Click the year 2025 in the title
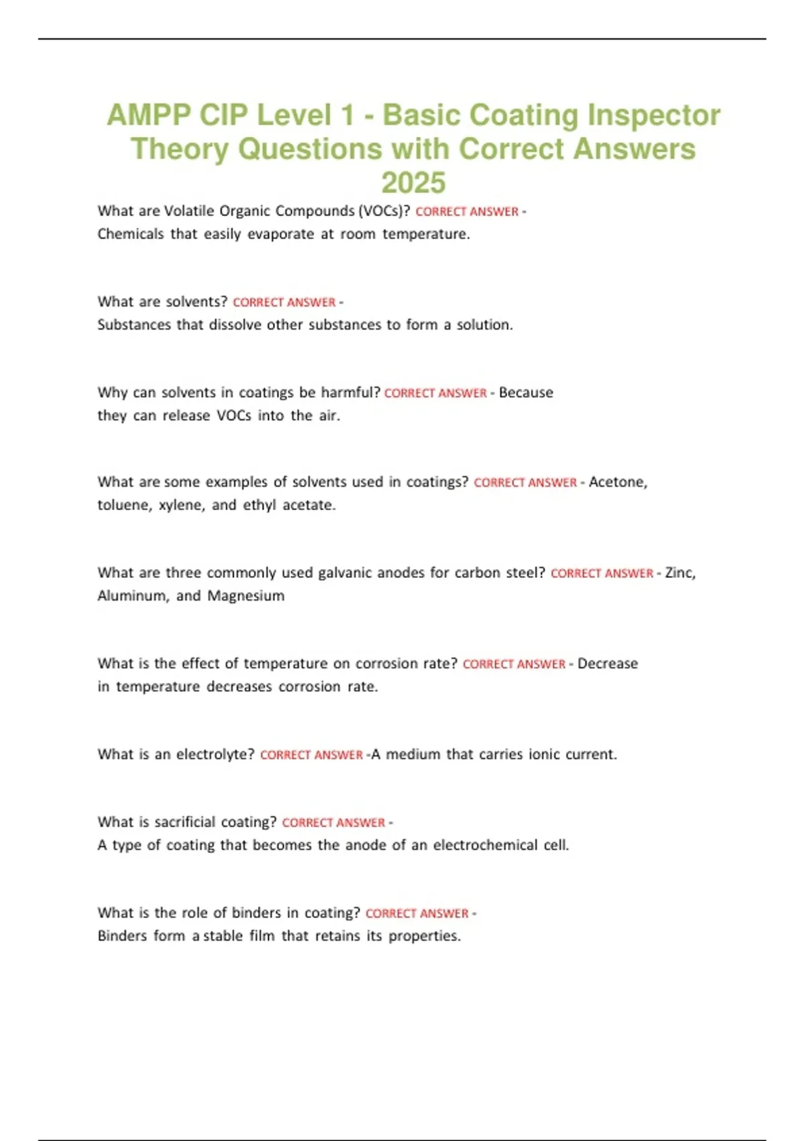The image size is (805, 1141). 413,183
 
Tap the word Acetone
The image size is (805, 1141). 618,482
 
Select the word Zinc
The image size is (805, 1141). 680,573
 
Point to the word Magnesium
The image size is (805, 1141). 246,595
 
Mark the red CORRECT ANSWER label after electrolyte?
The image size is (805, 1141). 311,755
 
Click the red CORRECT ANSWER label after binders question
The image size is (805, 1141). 417,913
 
